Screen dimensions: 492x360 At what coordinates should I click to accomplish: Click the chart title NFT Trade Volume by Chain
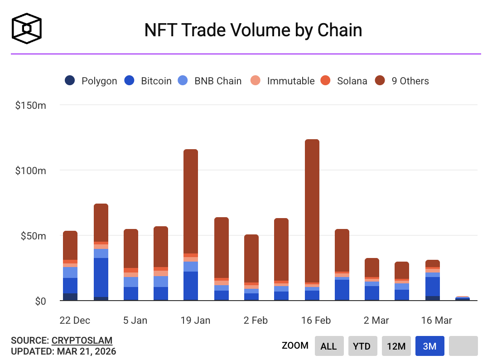(x=253, y=30)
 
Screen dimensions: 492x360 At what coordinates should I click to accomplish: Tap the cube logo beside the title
(x=27, y=28)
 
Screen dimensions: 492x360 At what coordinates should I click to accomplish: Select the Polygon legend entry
(x=91, y=81)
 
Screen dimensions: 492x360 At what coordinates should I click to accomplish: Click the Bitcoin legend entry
(x=148, y=81)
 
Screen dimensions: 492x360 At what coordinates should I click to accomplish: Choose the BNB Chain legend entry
(x=209, y=81)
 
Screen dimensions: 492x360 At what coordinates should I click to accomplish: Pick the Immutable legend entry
(x=282, y=81)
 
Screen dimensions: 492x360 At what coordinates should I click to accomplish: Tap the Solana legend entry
(x=343, y=81)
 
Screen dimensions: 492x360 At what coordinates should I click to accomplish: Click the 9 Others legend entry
(x=402, y=81)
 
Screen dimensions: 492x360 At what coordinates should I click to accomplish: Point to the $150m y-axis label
(x=30, y=105)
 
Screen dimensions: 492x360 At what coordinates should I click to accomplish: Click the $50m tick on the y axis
(x=33, y=236)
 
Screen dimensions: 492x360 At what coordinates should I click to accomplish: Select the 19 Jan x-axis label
(x=195, y=321)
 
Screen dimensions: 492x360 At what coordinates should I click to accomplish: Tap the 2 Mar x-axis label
(x=376, y=321)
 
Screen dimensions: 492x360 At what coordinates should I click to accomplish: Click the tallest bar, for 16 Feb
(x=312, y=220)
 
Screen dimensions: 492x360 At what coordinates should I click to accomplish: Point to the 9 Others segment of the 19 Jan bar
(x=191, y=201)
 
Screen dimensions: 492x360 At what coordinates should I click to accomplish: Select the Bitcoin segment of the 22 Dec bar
(x=70, y=286)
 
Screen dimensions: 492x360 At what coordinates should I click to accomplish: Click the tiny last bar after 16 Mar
(x=463, y=298)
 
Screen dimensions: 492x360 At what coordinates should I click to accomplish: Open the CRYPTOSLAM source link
(x=82, y=340)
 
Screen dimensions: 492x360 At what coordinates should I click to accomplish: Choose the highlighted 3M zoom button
(x=429, y=346)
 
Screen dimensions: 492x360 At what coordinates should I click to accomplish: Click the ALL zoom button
(x=329, y=346)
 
